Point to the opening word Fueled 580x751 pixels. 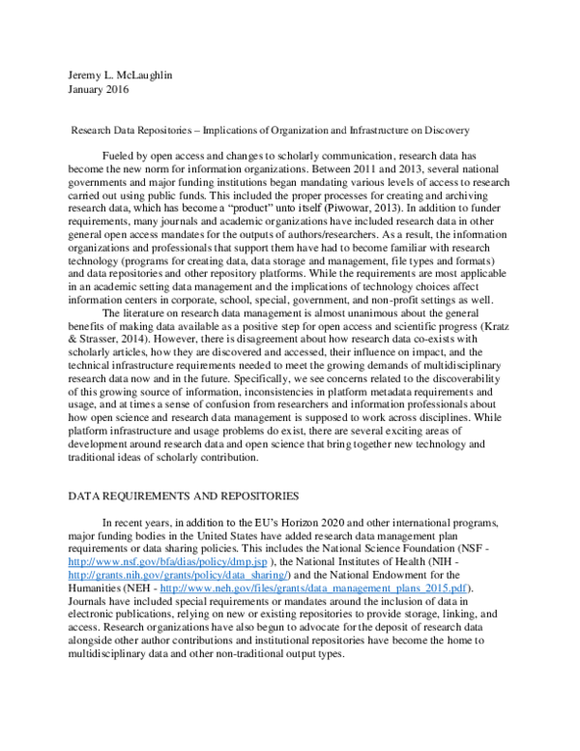(x=118, y=155)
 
